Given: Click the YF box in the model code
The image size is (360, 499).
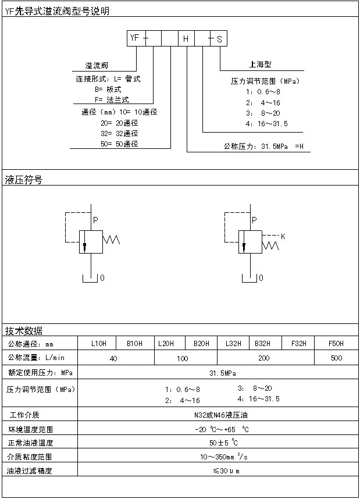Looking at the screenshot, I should click(x=135, y=38).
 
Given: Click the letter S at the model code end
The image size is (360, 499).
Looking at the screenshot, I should click(x=219, y=39).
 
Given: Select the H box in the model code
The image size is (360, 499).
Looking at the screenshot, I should click(x=186, y=39).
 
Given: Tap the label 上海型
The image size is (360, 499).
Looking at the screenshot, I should click(x=256, y=64).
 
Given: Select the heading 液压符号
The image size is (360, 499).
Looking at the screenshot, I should click(x=24, y=180).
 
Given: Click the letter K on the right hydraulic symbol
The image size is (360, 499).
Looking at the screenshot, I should click(x=283, y=237).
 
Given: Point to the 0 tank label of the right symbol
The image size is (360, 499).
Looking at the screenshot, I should click(x=261, y=278).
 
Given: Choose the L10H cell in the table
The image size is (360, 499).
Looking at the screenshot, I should click(x=99, y=343).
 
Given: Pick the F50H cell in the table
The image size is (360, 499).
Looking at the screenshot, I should click(x=336, y=343).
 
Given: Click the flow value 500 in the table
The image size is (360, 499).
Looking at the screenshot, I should click(x=336, y=358).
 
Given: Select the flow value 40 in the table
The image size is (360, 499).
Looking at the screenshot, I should click(x=113, y=358).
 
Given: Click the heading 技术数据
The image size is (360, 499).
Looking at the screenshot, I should click(x=24, y=330).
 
